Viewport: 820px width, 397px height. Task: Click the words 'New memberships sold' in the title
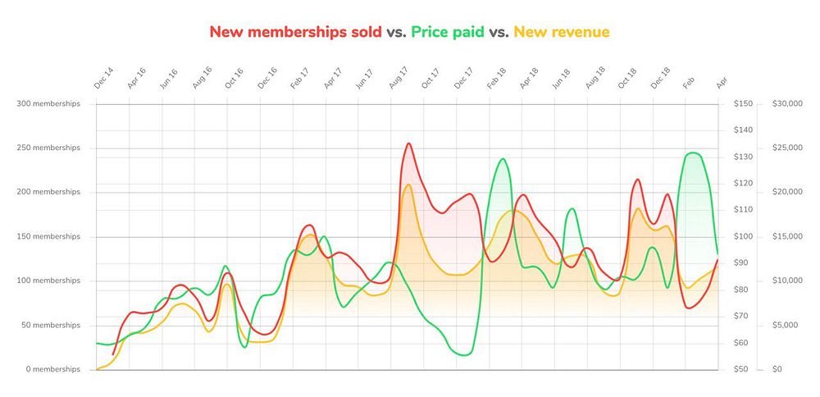(x=295, y=32)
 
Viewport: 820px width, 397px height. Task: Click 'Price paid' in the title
(x=449, y=32)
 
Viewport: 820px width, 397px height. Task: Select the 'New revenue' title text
(x=561, y=32)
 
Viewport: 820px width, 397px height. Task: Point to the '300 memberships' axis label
(x=48, y=103)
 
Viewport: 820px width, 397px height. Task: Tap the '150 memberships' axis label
(x=48, y=236)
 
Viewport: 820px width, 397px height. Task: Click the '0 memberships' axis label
(x=53, y=369)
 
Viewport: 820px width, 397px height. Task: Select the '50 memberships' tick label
(x=51, y=325)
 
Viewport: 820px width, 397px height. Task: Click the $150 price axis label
(x=743, y=103)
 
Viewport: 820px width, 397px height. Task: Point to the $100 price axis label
(x=743, y=236)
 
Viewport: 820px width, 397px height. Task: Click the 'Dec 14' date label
(x=102, y=79)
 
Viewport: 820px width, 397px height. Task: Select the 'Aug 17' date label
(x=398, y=79)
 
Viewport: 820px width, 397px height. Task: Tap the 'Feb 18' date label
(x=496, y=79)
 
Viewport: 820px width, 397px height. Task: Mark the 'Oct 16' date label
(x=234, y=79)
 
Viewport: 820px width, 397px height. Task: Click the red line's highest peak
(x=408, y=144)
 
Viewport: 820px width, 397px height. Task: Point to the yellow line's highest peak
(x=408, y=185)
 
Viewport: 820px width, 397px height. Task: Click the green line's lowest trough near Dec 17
(x=463, y=355)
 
